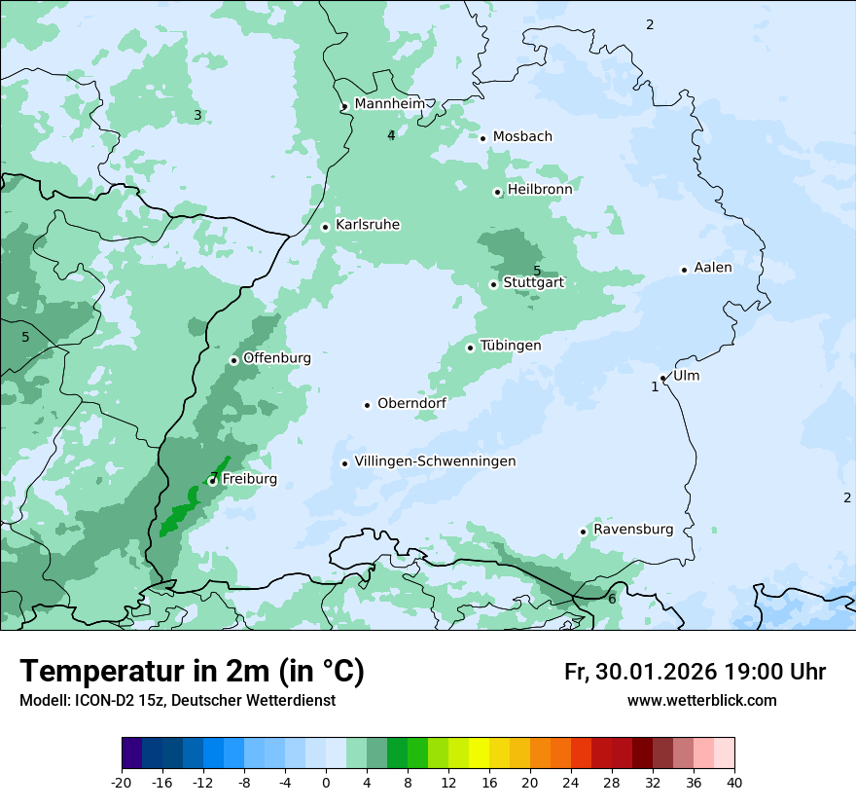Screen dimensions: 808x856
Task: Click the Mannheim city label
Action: (x=389, y=104)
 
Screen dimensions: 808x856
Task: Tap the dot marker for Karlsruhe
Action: (x=326, y=227)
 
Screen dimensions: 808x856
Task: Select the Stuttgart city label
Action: (x=533, y=283)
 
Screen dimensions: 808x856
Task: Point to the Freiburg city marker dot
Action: (x=212, y=481)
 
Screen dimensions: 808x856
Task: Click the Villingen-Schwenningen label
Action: (x=435, y=461)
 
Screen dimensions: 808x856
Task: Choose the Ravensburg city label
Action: (x=633, y=530)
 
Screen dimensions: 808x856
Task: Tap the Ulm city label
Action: (x=686, y=376)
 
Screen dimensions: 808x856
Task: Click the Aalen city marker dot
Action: (x=684, y=270)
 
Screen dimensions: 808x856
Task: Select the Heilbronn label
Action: (x=540, y=190)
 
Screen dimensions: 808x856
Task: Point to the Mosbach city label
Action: (x=522, y=137)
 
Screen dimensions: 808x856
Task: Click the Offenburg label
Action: (x=277, y=358)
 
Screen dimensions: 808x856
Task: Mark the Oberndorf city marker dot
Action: (x=367, y=405)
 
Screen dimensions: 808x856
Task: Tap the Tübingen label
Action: (x=511, y=346)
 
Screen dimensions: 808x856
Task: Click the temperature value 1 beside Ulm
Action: (x=655, y=386)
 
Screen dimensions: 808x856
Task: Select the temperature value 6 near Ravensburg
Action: (x=612, y=599)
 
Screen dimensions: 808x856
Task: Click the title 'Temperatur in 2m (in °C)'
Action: (x=192, y=672)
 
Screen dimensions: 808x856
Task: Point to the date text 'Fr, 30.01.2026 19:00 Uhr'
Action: (x=695, y=672)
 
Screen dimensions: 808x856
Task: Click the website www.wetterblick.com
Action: (x=701, y=701)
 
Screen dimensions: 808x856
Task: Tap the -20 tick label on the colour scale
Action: (x=122, y=783)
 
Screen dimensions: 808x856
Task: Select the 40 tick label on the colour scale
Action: (x=733, y=783)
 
